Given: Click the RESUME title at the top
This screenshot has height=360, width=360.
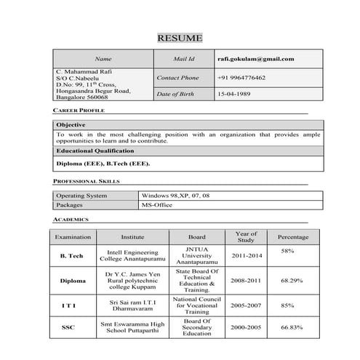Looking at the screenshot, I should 180,39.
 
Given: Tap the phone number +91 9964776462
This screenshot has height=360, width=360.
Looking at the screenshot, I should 241,77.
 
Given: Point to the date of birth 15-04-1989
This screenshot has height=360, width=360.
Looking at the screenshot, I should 234,95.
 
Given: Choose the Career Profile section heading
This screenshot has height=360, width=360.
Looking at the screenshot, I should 79,110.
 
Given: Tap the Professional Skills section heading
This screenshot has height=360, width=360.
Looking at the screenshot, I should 87,180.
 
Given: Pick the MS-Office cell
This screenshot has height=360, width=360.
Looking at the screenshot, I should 158,205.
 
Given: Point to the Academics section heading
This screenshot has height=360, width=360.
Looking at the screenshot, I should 71,219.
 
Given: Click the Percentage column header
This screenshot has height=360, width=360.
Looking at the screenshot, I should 287,237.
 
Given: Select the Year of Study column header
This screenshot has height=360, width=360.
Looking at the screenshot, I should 247,237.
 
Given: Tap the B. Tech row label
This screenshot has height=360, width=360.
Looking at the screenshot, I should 71,256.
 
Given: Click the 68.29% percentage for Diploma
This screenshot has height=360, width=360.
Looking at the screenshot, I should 292,279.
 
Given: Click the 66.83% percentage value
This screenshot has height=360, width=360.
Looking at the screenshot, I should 292,327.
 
